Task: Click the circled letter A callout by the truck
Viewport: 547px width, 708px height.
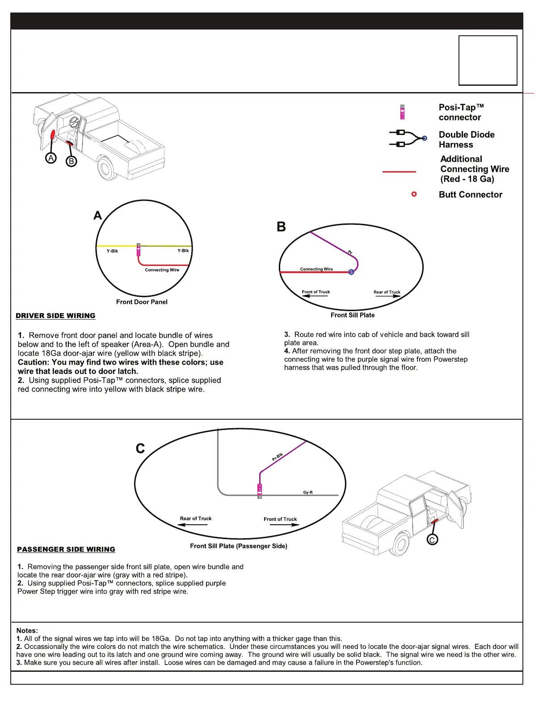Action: (x=51, y=158)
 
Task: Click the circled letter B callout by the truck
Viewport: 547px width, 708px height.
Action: (x=71, y=161)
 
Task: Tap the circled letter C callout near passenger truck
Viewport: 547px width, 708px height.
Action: (x=432, y=539)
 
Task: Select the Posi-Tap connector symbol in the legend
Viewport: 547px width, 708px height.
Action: (x=402, y=112)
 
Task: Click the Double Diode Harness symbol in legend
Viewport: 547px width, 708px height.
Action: (x=408, y=139)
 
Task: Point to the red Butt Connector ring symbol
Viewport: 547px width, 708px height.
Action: (x=414, y=194)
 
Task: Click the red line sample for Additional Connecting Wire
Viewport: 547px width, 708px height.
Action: (x=399, y=172)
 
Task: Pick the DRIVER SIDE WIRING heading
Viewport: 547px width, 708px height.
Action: (x=55, y=316)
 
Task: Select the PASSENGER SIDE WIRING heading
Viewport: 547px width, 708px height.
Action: (x=66, y=549)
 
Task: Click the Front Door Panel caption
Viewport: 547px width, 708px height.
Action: (x=142, y=302)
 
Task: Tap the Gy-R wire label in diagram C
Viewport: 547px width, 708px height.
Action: (x=308, y=492)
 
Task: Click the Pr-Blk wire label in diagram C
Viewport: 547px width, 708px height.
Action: (x=278, y=457)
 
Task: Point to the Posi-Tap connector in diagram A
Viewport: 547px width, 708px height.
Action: (x=139, y=249)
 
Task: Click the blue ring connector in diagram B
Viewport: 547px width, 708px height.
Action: (x=351, y=272)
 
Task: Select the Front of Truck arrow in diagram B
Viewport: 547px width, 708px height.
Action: (x=316, y=295)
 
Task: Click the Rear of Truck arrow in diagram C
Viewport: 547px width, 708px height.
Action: (x=194, y=524)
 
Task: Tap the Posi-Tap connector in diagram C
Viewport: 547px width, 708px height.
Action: (x=260, y=491)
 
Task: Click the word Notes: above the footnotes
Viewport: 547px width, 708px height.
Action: (x=27, y=630)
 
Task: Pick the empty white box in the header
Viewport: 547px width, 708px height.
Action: (x=488, y=60)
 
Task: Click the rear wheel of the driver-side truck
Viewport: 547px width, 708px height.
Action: (x=107, y=169)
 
